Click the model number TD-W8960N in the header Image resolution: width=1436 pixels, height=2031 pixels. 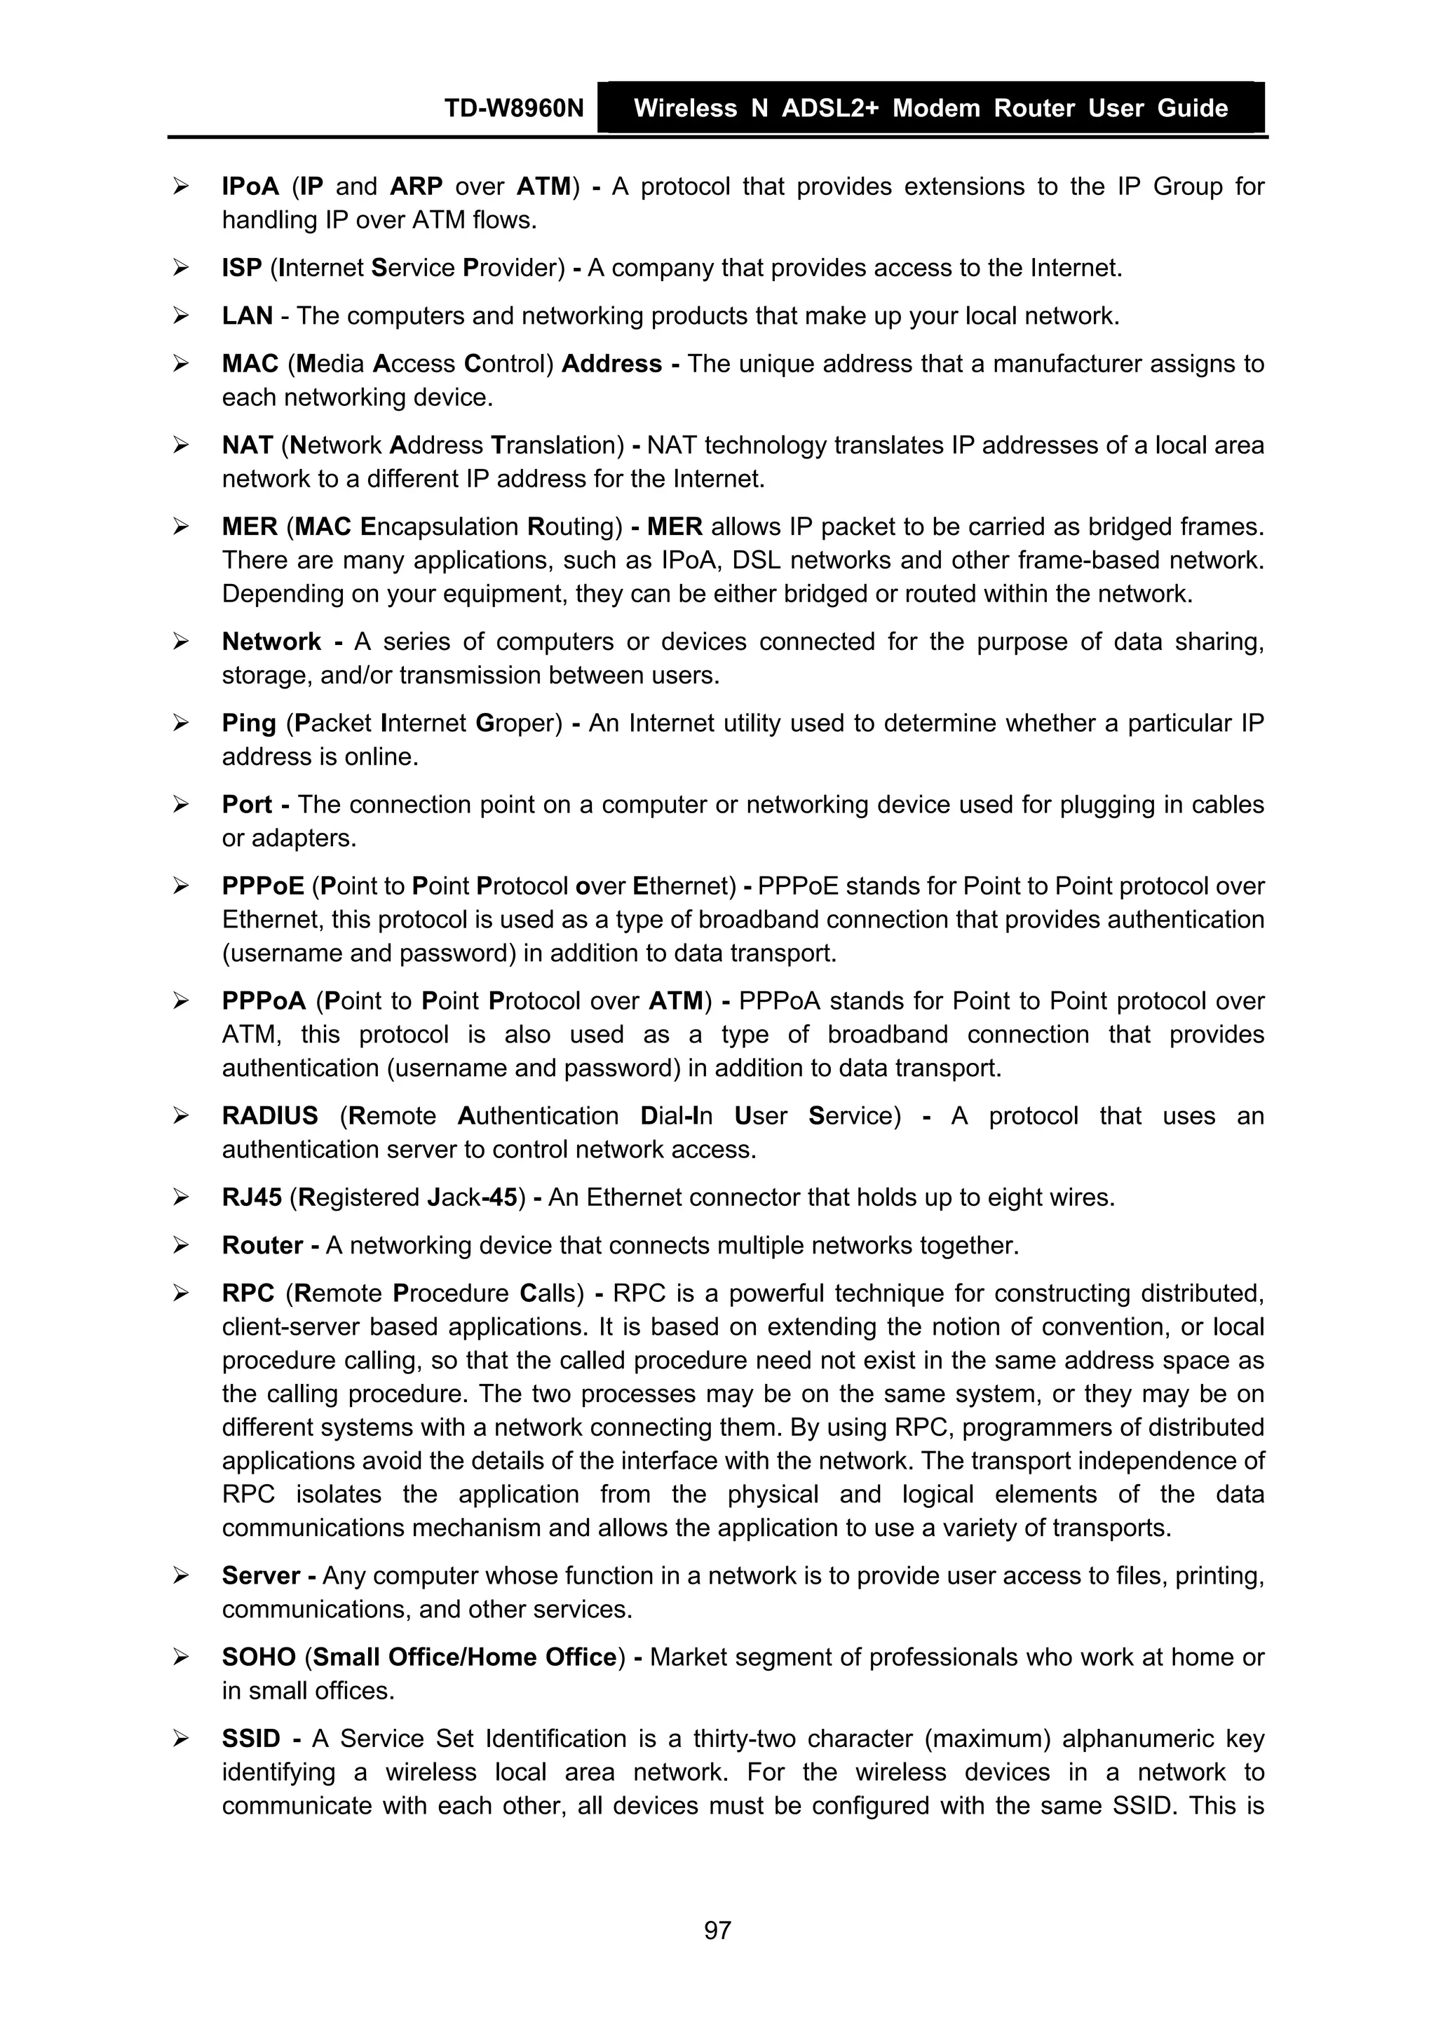pyautogui.click(x=513, y=108)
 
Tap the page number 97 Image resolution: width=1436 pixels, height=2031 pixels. pyautogui.click(x=717, y=1930)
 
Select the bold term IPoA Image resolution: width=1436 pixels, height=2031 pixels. pyautogui.click(x=250, y=186)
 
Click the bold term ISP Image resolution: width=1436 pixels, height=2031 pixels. pyautogui.click(x=241, y=268)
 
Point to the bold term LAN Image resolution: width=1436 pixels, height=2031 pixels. pyautogui.click(x=247, y=315)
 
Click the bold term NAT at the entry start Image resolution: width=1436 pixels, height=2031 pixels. pyautogui.click(x=247, y=445)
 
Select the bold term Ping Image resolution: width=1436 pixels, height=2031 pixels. pyautogui.click(x=249, y=724)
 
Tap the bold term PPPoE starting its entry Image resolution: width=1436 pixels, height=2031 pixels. pyautogui.click(x=263, y=886)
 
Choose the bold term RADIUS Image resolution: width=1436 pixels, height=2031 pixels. pyautogui.click(x=270, y=1116)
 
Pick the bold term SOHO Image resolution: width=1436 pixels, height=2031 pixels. pyautogui.click(x=258, y=1658)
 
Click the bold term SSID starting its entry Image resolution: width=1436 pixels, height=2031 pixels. pyautogui.click(x=250, y=1739)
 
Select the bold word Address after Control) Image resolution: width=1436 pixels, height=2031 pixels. pyautogui.click(x=611, y=364)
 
